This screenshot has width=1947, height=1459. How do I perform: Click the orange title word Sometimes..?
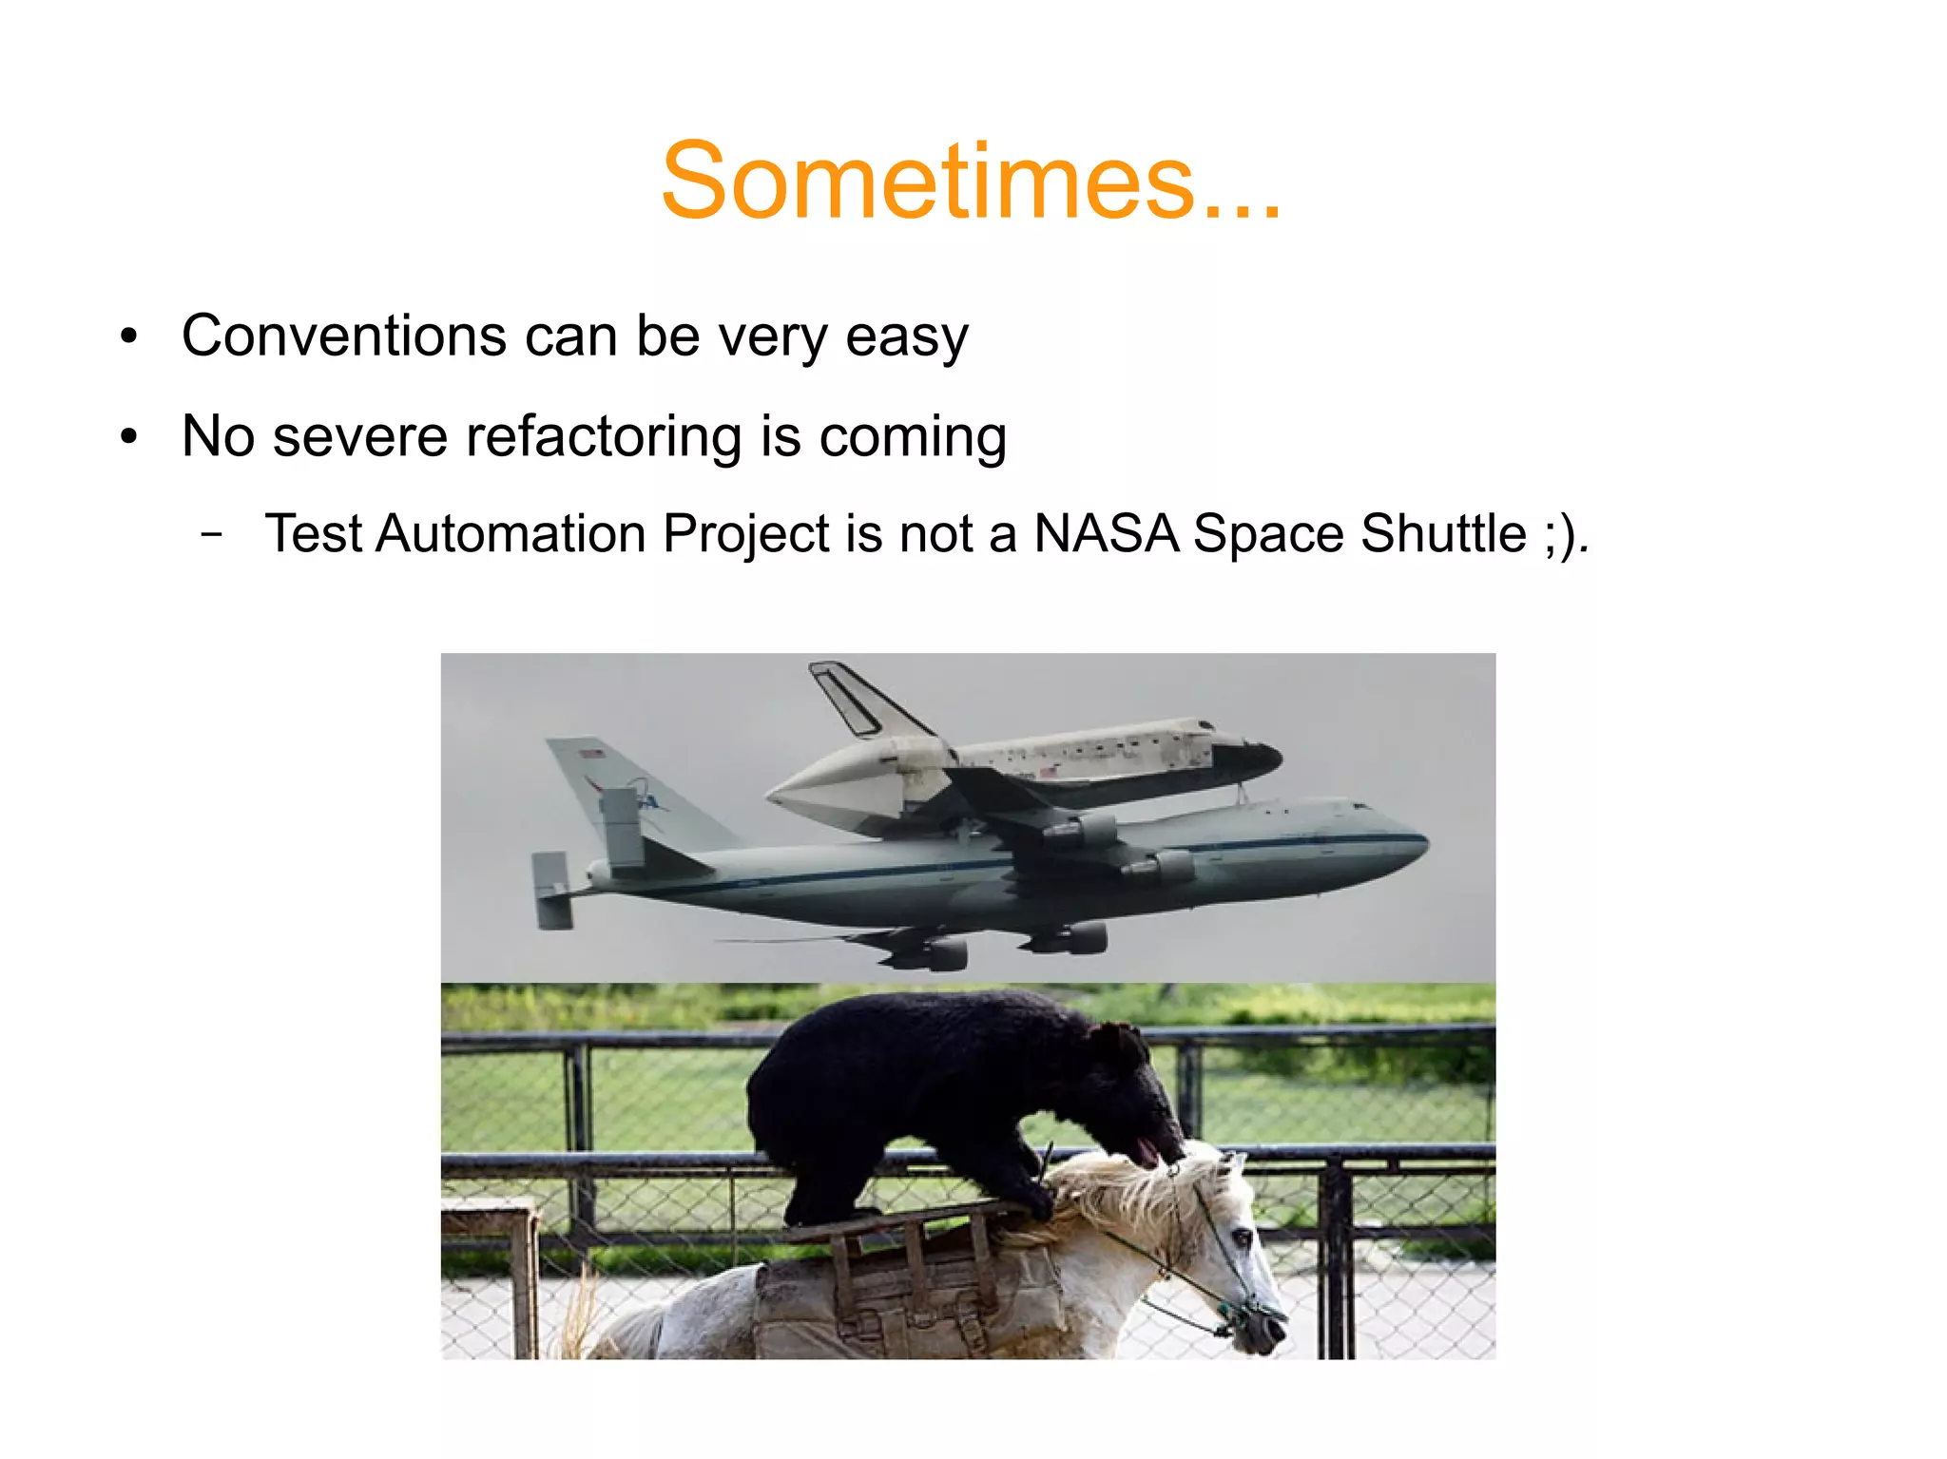tap(970, 181)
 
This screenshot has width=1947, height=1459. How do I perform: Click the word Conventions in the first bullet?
tap(344, 336)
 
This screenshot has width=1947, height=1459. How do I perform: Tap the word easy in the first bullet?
tap(906, 337)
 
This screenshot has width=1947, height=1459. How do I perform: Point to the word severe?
tap(359, 437)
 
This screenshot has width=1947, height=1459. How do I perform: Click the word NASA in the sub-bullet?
tap(1106, 533)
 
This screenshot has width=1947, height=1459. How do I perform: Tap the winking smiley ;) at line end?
tap(1560, 535)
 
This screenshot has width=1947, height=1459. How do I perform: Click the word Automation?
tap(511, 533)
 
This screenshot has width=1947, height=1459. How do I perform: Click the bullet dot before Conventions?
tap(129, 336)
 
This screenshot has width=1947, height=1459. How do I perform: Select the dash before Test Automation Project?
tap(213, 534)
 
